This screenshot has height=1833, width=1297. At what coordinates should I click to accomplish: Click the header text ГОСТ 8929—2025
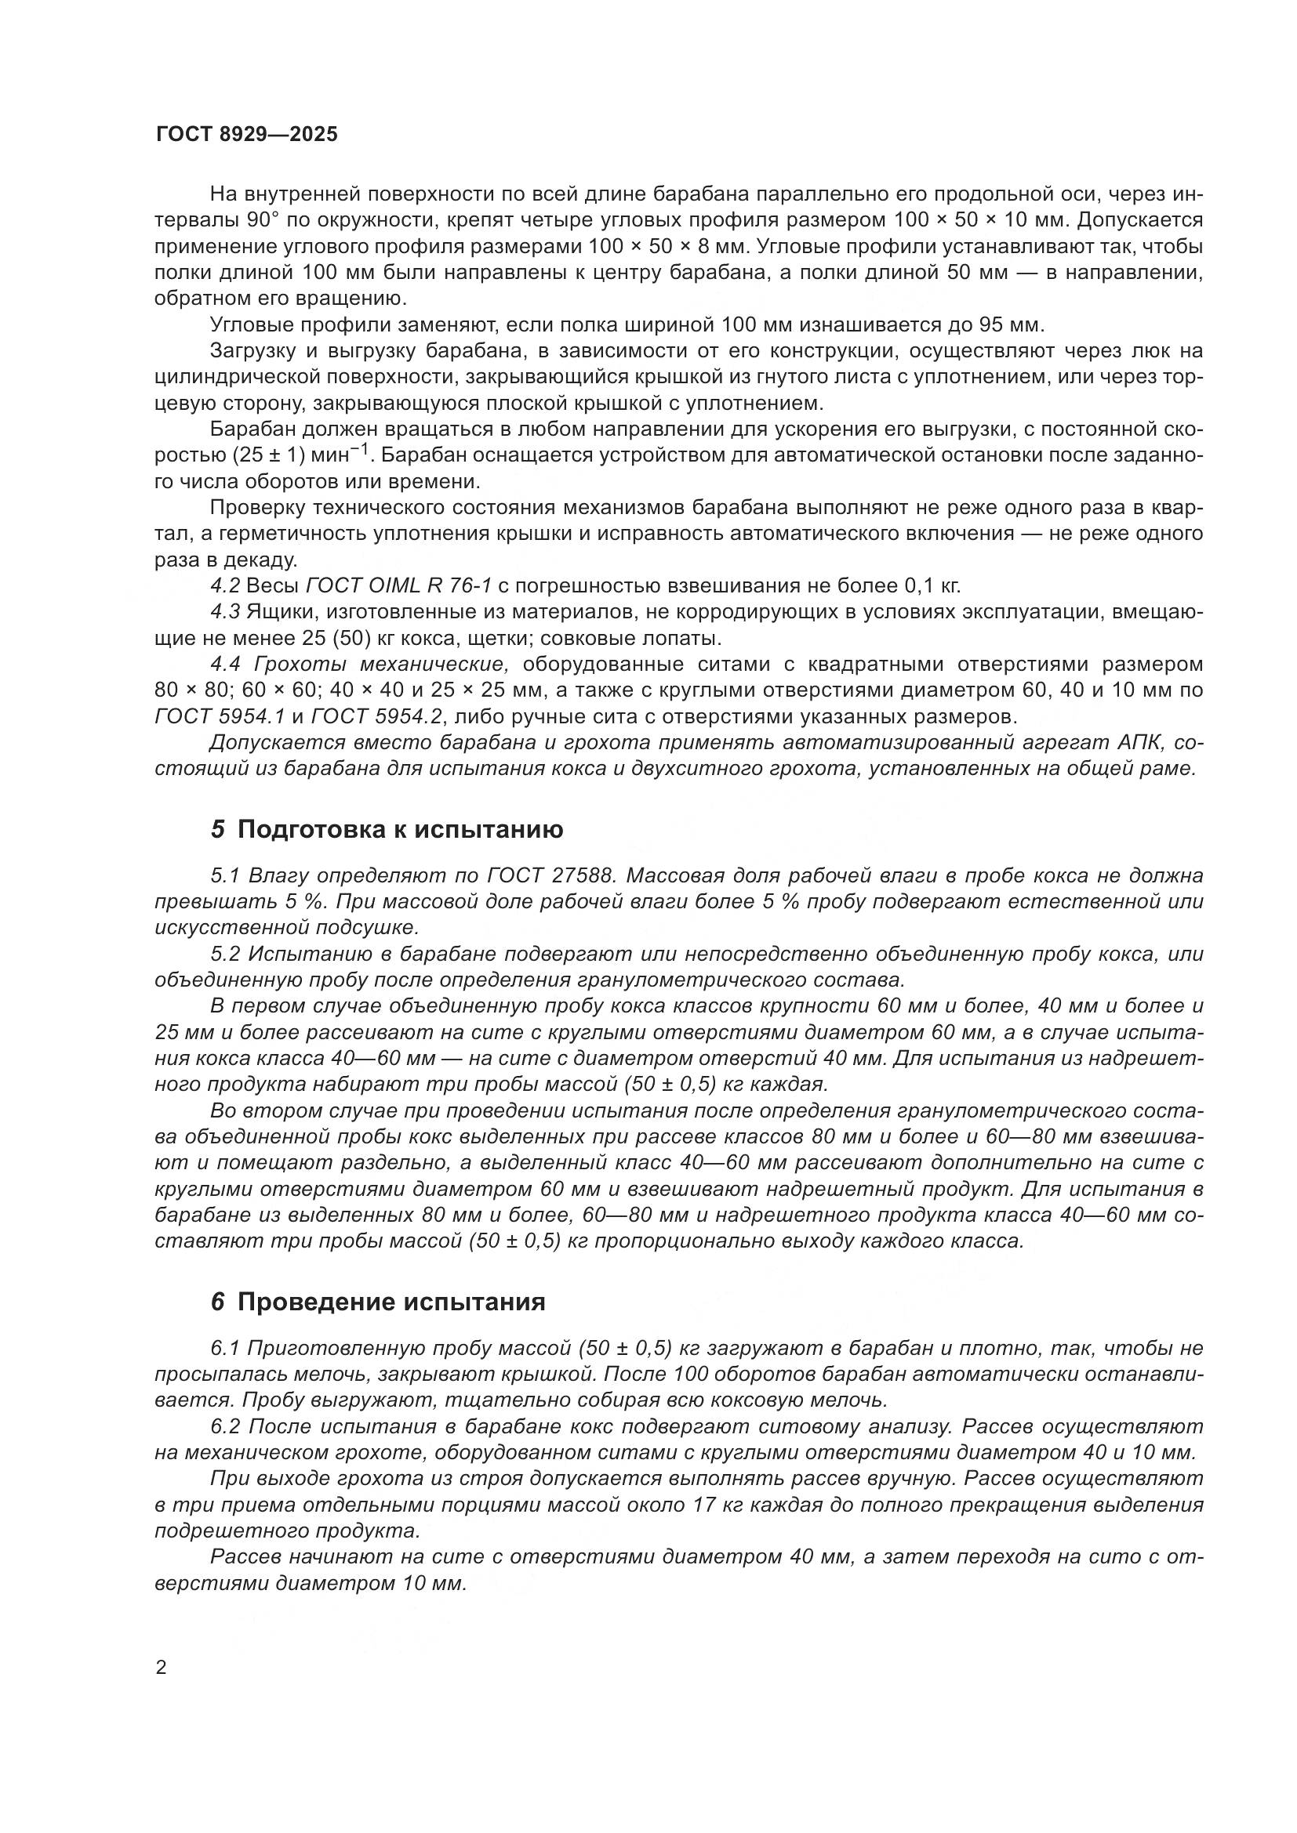pyautogui.click(x=247, y=134)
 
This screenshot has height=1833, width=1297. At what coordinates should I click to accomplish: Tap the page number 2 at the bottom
pyautogui.click(x=162, y=1668)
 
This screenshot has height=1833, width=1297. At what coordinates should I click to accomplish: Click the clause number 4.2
pyautogui.click(x=225, y=586)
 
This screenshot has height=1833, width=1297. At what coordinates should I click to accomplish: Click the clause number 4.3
pyautogui.click(x=225, y=612)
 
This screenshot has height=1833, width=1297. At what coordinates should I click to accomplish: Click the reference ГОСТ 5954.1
pyautogui.click(x=225, y=716)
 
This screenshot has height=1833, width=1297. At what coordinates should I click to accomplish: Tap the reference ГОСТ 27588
pyautogui.click(x=551, y=876)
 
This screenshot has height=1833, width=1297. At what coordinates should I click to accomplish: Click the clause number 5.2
pyautogui.click(x=225, y=954)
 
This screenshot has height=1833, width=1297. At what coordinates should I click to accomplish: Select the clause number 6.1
pyautogui.click(x=225, y=1349)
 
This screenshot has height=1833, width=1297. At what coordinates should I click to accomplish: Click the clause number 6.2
pyautogui.click(x=225, y=1426)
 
